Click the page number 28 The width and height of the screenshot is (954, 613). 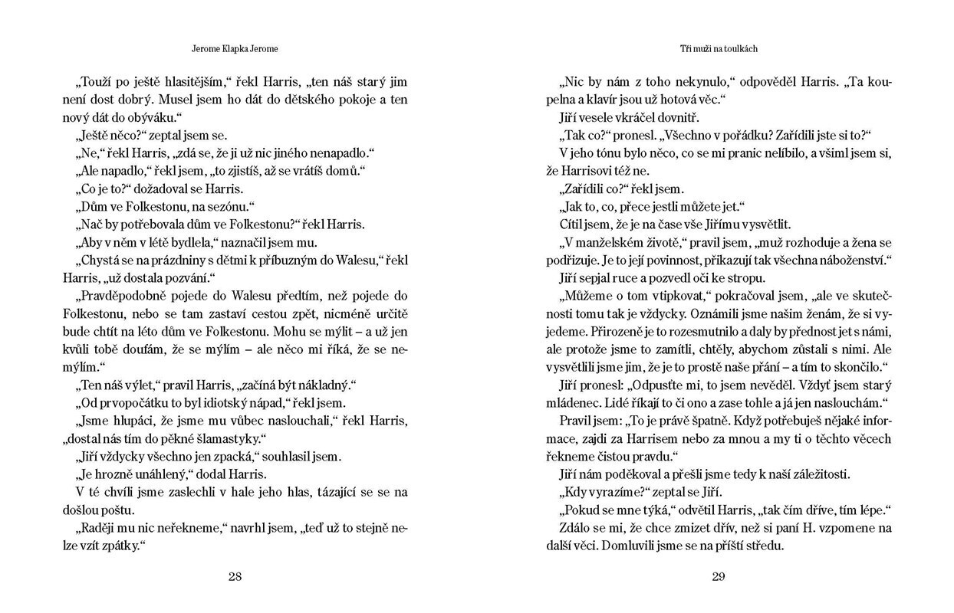(x=235, y=578)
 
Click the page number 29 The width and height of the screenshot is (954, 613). (x=718, y=578)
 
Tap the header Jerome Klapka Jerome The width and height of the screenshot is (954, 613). (x=235, y=48)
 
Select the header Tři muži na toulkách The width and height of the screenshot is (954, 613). (x=719, y=48)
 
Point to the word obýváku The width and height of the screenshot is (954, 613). (x=154, y=117)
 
